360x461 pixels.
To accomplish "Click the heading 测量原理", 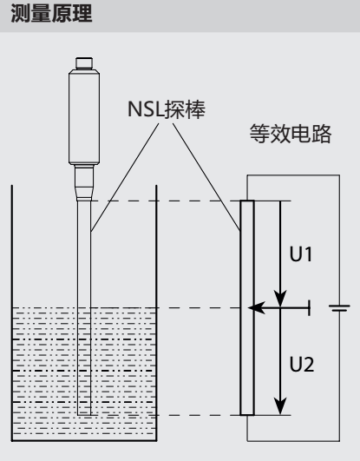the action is pos(51,14).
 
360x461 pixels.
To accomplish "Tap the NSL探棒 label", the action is pos(167,109).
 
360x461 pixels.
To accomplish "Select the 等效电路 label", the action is pos(291,134).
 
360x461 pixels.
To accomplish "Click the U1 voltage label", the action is pos(301,254).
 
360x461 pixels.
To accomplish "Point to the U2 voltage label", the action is pos(302,365).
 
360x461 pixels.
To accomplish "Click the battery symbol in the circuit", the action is pos(339,308).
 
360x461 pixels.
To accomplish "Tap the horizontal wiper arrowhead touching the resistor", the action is pos(257,308).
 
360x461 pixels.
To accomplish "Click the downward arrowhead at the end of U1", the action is pos(280,299).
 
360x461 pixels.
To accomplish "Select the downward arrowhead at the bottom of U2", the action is pos(280,406).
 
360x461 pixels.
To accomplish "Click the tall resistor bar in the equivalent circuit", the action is pos(247,308).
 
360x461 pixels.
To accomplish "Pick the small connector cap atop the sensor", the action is pos(84,63).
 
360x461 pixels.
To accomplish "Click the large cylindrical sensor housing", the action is pos(84,117).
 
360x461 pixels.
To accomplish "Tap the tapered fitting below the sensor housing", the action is pos(84,183).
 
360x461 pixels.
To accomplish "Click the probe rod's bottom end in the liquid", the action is pos(84,414).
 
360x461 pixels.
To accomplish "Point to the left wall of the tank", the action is pos(12,313).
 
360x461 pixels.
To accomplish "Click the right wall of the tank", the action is pos(156,313).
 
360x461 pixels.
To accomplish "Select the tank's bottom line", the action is pos(84,440).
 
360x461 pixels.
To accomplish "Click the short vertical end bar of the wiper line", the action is pos(309,308).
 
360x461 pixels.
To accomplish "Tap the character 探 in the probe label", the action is pos(174,109).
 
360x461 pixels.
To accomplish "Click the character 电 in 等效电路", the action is pos(301,134).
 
